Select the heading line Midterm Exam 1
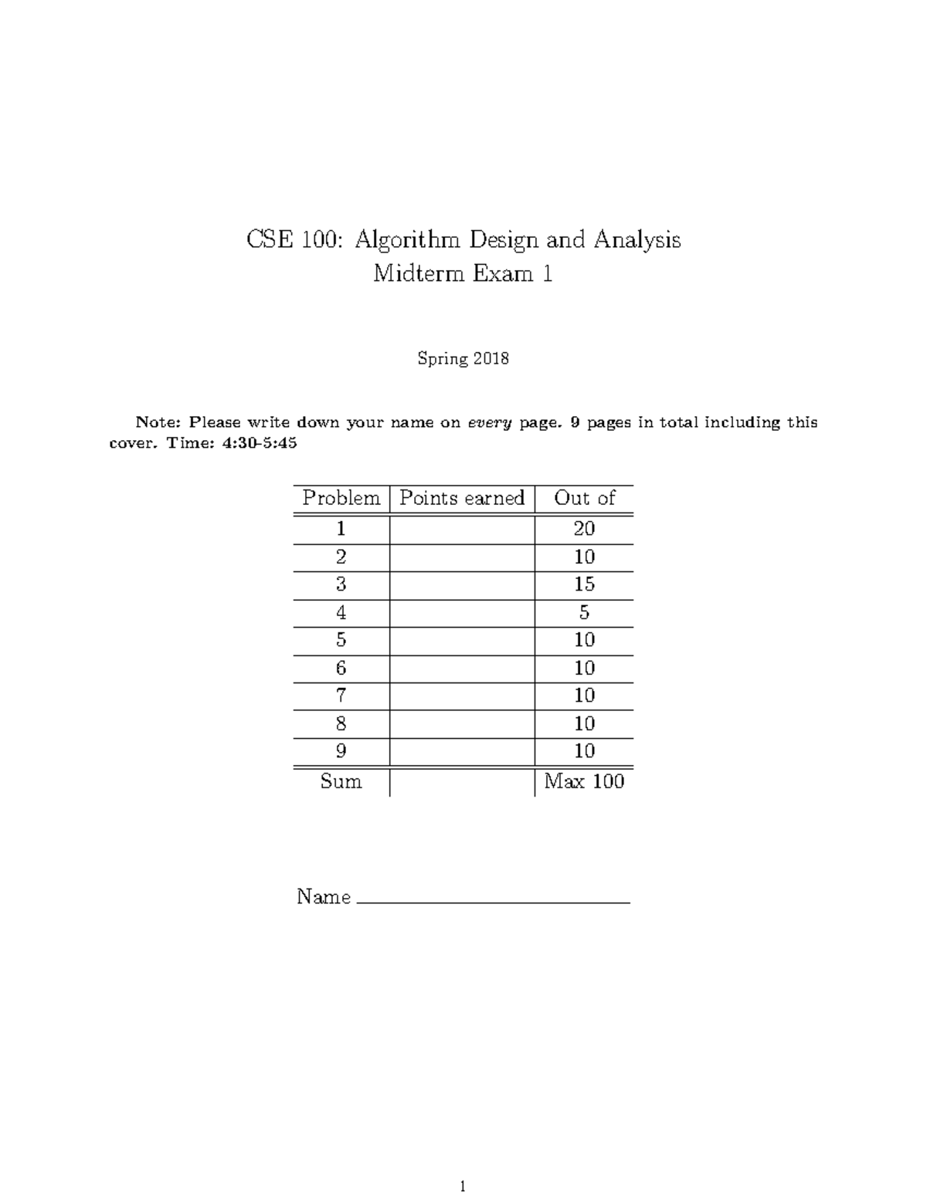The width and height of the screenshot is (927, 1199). [x=463, y=273]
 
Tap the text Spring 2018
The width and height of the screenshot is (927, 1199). [x=463, y=359]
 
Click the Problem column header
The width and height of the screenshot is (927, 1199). [x=341, y=498]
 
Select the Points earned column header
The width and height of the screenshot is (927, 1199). [x=462, y=498]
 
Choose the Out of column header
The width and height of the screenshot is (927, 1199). [x=584, y=498]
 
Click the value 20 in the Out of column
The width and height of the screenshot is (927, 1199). [x=584, y=529]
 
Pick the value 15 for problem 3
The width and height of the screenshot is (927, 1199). [x=584, y=584]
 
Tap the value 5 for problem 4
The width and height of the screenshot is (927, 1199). [x=584, y=613]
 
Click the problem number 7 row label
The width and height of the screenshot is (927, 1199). [x=341, y=696]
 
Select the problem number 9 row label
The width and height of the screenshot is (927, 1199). [x=341, y=751]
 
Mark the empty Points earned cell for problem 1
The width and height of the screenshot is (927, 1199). [x=462, y=529]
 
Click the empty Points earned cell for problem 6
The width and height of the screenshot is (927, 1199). [x=462, y=668]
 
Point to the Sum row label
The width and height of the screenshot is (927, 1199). [x=341, y=781]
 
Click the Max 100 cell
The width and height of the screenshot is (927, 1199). [x=584, y=781]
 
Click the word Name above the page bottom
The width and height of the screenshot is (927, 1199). [x=324, y=896]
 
